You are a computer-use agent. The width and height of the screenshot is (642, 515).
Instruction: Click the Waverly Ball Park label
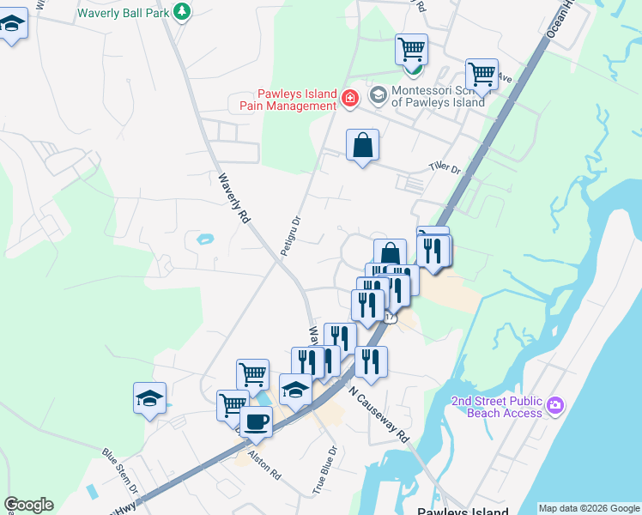click(122, 13)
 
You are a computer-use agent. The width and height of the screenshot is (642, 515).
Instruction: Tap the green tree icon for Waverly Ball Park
click(181, 11)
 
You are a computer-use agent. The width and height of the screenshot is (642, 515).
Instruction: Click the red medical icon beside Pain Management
click(349, 99)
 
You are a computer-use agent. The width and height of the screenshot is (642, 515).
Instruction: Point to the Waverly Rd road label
click(233, 198)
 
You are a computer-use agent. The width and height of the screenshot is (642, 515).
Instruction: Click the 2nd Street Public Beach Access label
click(497, 407)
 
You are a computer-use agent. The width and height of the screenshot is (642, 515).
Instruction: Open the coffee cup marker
click(255, 421)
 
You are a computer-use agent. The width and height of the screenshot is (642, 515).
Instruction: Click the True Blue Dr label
click(324, 468)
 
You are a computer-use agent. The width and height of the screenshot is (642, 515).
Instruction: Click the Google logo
click(28, 505)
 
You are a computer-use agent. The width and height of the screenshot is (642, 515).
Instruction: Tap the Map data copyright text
click(589, 508)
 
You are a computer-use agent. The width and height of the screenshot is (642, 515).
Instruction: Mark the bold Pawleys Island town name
click(463, 511)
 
